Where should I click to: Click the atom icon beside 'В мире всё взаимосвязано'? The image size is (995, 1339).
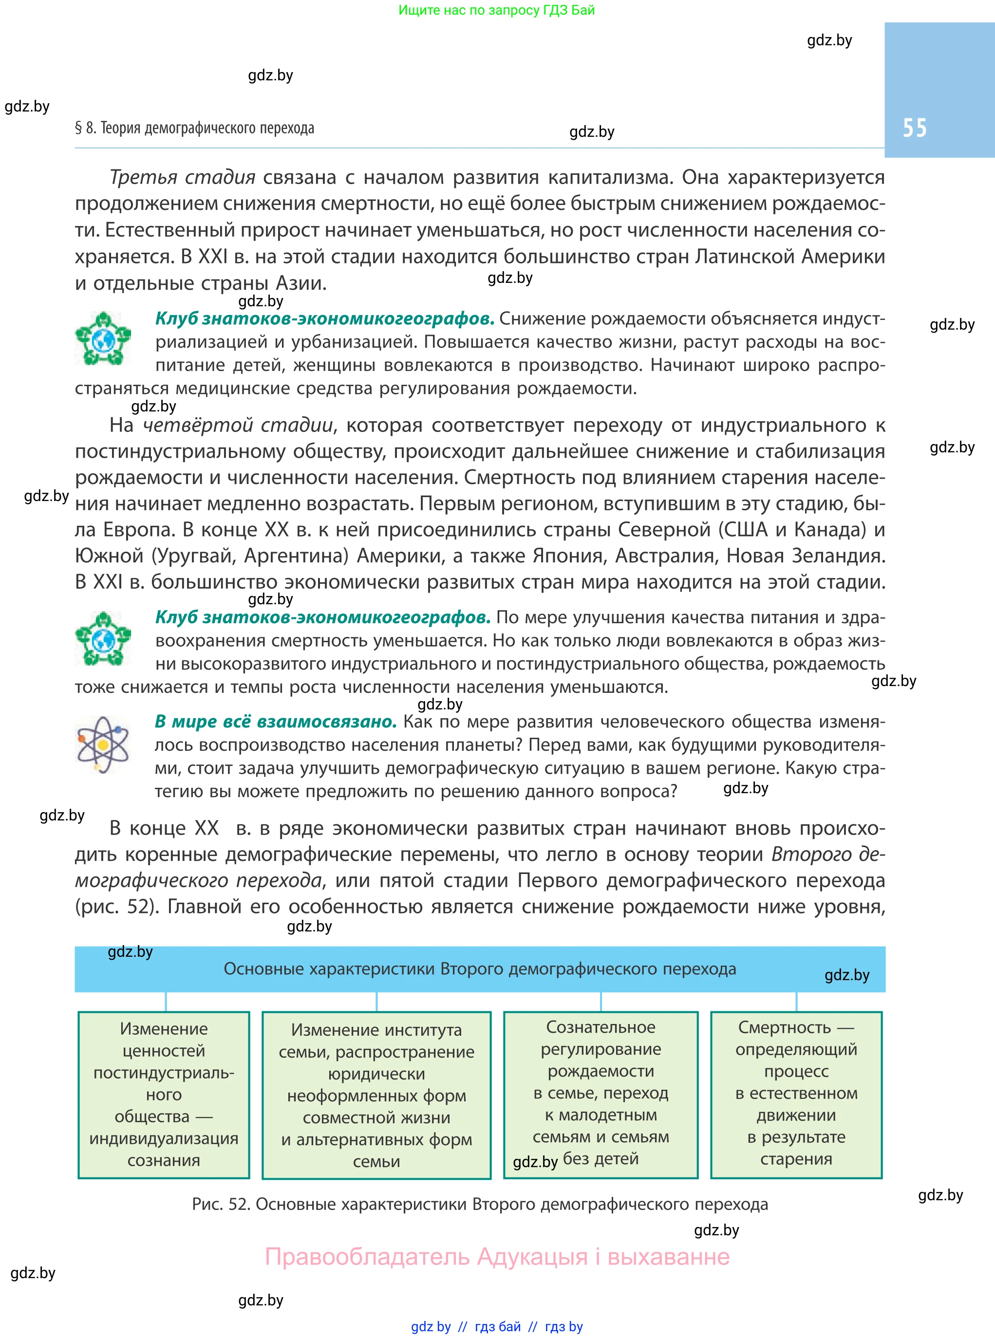pos(103,745)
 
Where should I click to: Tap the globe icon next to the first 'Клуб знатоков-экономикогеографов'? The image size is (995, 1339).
pos(103,338)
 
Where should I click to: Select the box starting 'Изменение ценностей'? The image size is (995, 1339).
pos(164,1095)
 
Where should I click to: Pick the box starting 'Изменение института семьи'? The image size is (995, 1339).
pos(376,1095)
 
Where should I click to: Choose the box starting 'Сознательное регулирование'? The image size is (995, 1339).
pos(601,1095)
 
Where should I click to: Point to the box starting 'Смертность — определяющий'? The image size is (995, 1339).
pos(796,1095)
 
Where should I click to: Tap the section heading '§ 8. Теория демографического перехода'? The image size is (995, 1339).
pos(194,128)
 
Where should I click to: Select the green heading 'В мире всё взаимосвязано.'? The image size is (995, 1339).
pos(275,721)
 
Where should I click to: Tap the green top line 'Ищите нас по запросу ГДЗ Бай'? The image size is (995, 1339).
pos(496,10)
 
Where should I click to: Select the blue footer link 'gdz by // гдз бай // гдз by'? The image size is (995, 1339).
pos(496,1326)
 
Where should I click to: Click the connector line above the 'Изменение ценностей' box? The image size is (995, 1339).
pos(166,1002)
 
